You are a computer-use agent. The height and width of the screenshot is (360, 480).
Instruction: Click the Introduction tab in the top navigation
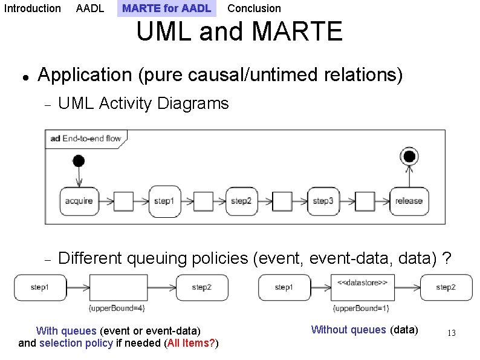point(33,8)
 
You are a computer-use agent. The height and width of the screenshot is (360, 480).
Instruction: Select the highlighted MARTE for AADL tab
point(166,8)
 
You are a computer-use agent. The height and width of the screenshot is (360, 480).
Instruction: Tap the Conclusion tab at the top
point(254,8)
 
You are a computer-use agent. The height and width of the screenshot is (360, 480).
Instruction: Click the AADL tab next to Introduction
point(90,8)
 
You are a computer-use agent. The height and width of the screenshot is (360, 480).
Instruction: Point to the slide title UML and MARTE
point(239,32)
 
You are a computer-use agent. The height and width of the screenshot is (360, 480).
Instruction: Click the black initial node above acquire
point(78,160)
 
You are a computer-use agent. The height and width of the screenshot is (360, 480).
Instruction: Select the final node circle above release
point(409,157)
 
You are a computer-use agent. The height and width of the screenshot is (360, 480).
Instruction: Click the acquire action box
point(79,201)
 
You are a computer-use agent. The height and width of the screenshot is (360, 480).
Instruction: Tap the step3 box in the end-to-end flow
point(323,201)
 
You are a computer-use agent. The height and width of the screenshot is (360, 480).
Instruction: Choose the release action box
point(409,201)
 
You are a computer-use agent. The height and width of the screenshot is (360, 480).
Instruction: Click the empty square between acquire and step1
point(123,201)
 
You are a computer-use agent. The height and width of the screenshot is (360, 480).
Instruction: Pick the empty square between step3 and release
point(365,201)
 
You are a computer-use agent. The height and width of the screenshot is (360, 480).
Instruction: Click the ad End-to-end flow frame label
point(86,139)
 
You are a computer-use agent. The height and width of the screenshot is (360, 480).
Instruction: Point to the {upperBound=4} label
point(117,309)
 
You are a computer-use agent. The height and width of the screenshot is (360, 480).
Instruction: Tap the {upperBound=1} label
point(362,309)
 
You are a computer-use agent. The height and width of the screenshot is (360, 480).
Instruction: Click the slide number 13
point(451,333)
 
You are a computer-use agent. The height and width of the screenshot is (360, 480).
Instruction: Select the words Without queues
point(348,330)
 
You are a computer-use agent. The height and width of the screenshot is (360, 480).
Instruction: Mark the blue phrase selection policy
point(76,344)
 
